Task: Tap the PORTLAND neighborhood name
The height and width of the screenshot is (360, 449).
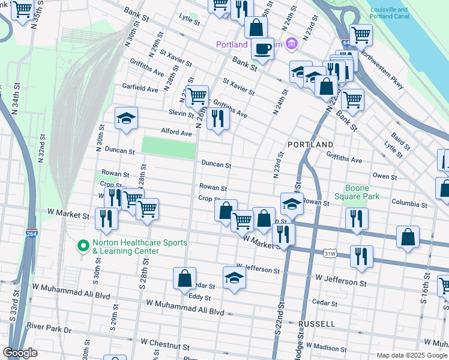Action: click(310, 145)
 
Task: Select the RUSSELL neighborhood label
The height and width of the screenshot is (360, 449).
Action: click(316, 324)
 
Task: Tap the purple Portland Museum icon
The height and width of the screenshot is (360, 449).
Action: click(291, 44)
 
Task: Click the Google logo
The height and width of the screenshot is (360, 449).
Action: click(20, 353)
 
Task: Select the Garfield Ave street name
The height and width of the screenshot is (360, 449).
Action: click(140, 88)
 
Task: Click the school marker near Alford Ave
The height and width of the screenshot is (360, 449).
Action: click(127, 118)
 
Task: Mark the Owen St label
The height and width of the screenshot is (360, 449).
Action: click(385, 176)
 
